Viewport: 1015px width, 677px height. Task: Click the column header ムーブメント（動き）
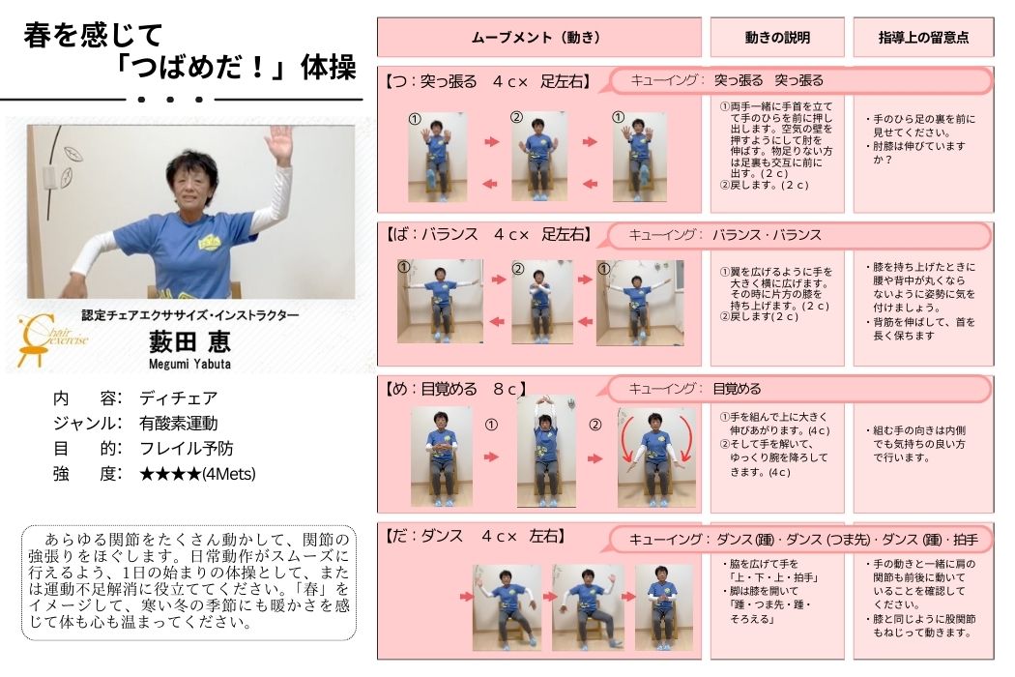click(x=536, y=38)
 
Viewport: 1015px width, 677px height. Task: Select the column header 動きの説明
click(x=777, y=38)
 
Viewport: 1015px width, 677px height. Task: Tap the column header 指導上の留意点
click(x=924, y=38)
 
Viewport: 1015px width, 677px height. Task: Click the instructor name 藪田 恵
click(x=189, y=341)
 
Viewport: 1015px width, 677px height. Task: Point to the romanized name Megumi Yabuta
click(x=189, y=364)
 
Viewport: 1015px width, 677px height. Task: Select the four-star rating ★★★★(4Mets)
click(x=197, y=474)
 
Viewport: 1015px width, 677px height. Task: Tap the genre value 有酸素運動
click(x=179, y=424)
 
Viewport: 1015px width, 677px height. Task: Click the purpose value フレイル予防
click(x=187, y=449)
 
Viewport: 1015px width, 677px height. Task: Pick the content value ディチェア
click(x=179, y=397)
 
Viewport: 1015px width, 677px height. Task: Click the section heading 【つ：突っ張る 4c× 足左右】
click(x=487, y=81)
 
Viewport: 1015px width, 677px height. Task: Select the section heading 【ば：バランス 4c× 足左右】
click(x=488, y=234)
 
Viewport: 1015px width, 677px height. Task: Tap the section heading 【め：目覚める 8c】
click(x=454, y=389)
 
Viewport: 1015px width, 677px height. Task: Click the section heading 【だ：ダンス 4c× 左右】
click(x=476, y=537)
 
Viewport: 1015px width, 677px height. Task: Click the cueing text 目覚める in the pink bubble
click(x=737, y=389)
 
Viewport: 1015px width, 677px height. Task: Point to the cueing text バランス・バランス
click(x=767, y=235)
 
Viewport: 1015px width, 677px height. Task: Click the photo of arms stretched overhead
click(x=546, y=451)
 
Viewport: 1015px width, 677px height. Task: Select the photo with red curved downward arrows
click(x=656, y=456)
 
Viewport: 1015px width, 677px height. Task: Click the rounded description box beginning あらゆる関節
click(x=189, y=582)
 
